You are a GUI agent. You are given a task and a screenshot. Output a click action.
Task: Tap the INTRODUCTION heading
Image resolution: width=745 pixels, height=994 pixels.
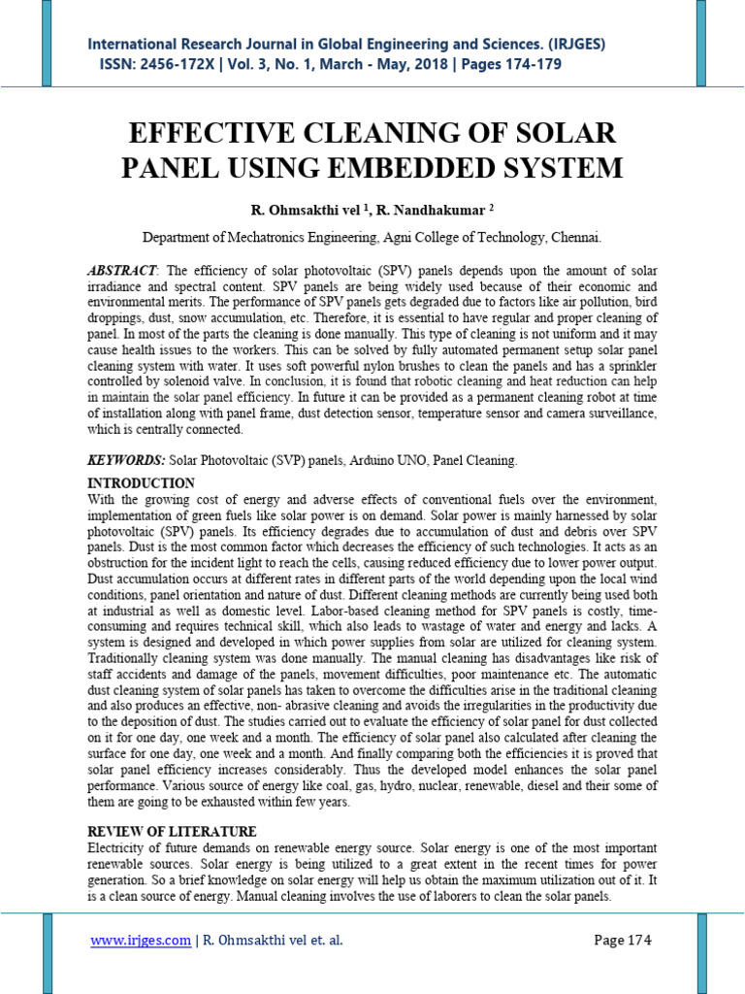point(141,482)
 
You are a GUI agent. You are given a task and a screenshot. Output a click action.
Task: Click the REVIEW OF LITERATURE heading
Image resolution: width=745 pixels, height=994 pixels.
point(172,831)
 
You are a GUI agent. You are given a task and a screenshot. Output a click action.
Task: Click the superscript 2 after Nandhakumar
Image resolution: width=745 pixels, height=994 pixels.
point(466,205)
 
